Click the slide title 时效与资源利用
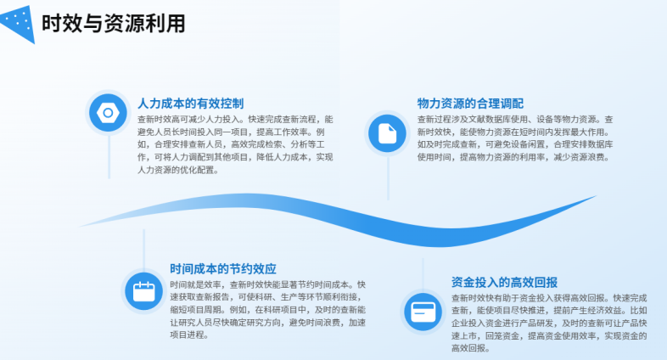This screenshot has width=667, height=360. [x=113, y=24]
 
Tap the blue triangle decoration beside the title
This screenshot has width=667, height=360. [x=20, y=24]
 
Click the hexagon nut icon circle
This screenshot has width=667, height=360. [x=108, y=113]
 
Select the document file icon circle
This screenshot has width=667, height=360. [x=388, y=133]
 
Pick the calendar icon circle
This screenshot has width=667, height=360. [x=143, y=291]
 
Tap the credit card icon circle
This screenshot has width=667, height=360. [x=423, y=312]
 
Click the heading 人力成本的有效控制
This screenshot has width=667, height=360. [x=191, y=104]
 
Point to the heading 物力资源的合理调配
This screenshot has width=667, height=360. [x=470, y=104]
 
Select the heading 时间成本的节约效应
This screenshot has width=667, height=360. [x=223, y=269]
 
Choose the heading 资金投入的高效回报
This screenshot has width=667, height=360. [x=505, y=283]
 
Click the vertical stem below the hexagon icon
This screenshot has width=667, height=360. [x=109, y=156]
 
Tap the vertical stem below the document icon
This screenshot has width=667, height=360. [x=388, y=177]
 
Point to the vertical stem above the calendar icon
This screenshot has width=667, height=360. [x=143, y=250]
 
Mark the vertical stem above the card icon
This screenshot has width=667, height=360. [x=423, y=275]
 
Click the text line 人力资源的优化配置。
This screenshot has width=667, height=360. [x=178, y=170]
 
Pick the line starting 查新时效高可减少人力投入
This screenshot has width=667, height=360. [x=235, y=120]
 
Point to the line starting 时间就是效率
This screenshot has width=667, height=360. [x=268, y=284]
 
